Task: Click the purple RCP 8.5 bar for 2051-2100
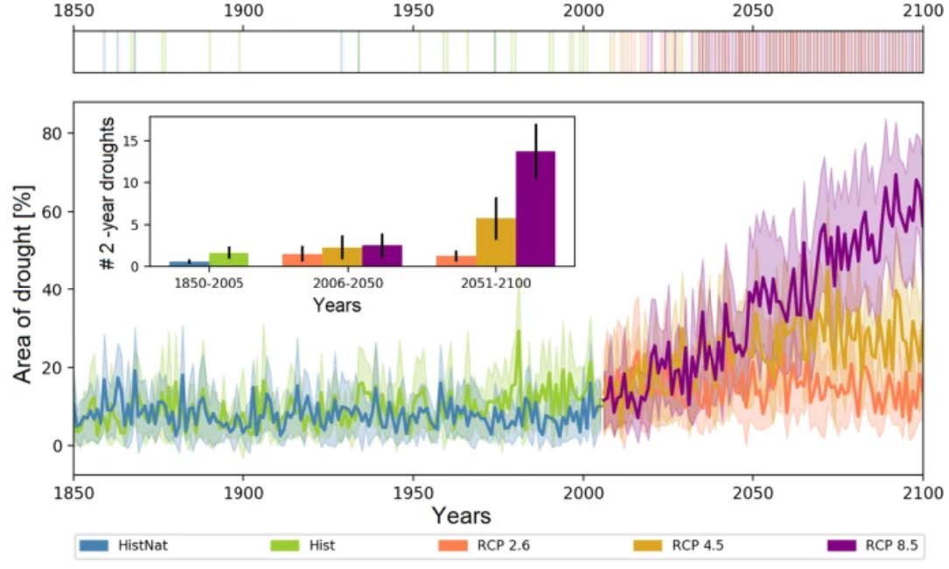(535, 208)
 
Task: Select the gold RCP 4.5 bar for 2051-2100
(496, 242)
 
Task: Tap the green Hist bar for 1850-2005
(228, 259)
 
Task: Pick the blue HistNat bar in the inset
(189, 263)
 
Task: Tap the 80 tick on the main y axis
(55, 133)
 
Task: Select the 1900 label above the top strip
(241, 12)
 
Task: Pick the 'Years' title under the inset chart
(337, 306)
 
